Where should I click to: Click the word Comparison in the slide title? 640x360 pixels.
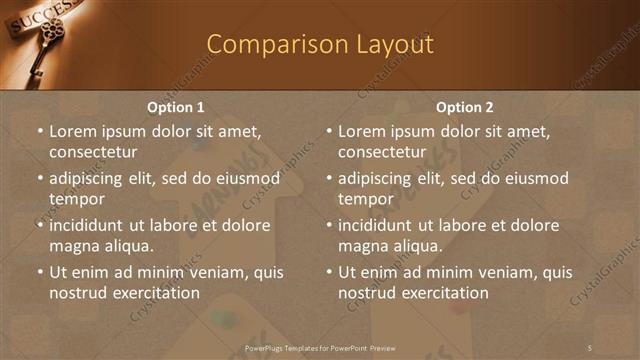point(265,45)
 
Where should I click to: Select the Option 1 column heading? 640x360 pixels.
point(176,107)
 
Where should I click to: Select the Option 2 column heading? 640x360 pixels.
point(465,107)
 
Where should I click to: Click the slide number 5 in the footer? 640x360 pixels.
point(590,347)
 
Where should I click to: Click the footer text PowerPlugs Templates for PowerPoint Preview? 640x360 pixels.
point(321,347)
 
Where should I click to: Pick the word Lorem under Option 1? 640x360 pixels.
point(74,131)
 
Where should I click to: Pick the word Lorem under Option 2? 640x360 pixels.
point(363,131)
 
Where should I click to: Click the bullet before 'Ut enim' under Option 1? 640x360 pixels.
point(39,272)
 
